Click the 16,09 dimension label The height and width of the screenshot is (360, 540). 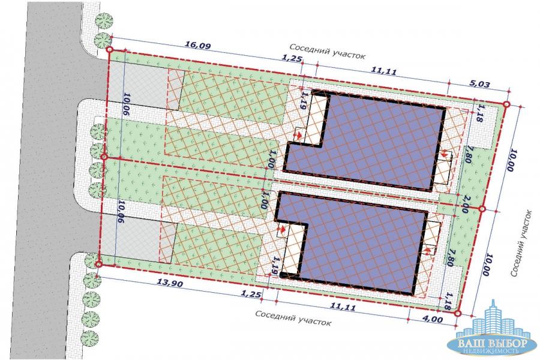tap(197, 45)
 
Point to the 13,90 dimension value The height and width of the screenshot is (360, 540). tap(170, 284)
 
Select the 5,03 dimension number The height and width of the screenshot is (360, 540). tap(480, 84)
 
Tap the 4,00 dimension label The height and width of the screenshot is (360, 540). tap(432, 319)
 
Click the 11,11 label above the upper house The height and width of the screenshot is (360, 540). tap(383, 71)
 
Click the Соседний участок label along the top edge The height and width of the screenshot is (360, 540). tap(327, 52)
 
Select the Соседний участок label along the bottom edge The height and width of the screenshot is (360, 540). tap(293, 318)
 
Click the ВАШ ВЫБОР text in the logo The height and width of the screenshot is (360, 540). tap(492, 343)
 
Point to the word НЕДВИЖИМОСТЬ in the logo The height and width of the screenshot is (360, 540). tap(493, 351)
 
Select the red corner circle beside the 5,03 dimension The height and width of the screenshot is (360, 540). tap(506, 104)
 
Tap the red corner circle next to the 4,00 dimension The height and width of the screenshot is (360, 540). tap(457, 313)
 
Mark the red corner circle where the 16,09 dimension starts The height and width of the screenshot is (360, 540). tap(110, 50)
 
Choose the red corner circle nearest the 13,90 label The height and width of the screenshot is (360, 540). tap(98, 264)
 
